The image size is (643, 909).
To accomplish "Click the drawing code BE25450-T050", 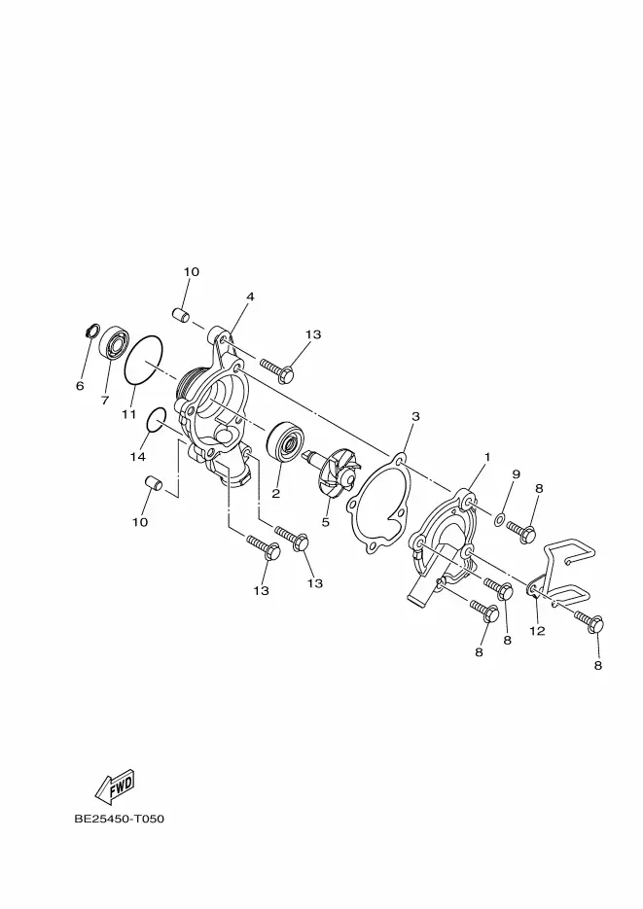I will click(x=119, y=819).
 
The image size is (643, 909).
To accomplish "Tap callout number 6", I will click(x=80, y=386).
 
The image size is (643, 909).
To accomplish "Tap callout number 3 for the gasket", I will click(x=415, y=416).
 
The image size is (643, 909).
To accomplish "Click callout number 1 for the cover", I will click(x=486, y=456).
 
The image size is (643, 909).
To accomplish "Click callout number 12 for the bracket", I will click(x=537, y=631).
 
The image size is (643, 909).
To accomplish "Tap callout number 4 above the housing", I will click(x=250, y=297).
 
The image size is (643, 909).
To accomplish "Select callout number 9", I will click(x=516, y=474).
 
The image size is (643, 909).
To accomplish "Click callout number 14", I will click(x=138, y=456).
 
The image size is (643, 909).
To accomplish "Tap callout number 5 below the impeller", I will click(x=326, y=521).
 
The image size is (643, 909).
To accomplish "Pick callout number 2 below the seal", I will click(x=275, y=494).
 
